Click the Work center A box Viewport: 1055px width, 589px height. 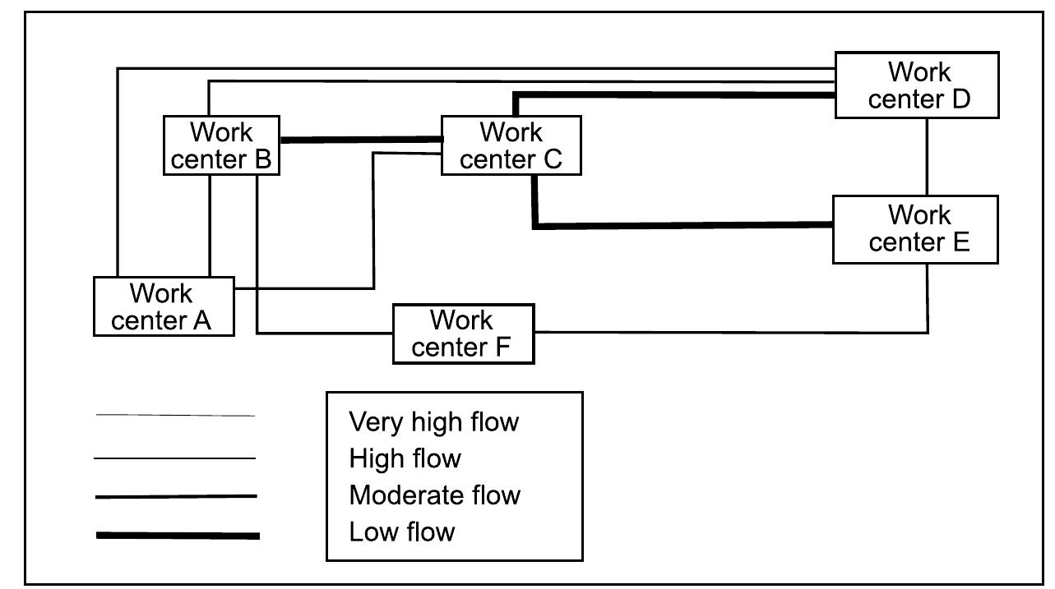coord(164,306)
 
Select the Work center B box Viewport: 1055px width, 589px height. coord(220,145)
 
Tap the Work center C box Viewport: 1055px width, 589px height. coord(511,145)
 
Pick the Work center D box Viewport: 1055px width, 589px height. coord(917,85)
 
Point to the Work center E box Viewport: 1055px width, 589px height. coord(915,229)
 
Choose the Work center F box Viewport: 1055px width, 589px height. coord(463,334)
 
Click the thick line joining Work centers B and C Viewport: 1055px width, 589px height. coord(360,140)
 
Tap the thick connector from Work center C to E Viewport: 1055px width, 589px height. coord(683,225)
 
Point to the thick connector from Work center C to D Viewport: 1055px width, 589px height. coord(674,95)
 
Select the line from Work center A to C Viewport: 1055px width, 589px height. coord(374,222)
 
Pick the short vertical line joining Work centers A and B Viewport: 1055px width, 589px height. coord(211,225)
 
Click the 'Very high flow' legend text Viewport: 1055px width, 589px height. coord(434,422)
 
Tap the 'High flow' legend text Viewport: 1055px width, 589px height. coord(405,458)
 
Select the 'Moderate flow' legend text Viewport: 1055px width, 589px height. coord(434,495)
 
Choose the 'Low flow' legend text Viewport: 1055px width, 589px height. coord(401,531)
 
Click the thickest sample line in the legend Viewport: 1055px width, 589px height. coord(178,536)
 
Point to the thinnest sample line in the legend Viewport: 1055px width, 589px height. coord(175,416)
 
